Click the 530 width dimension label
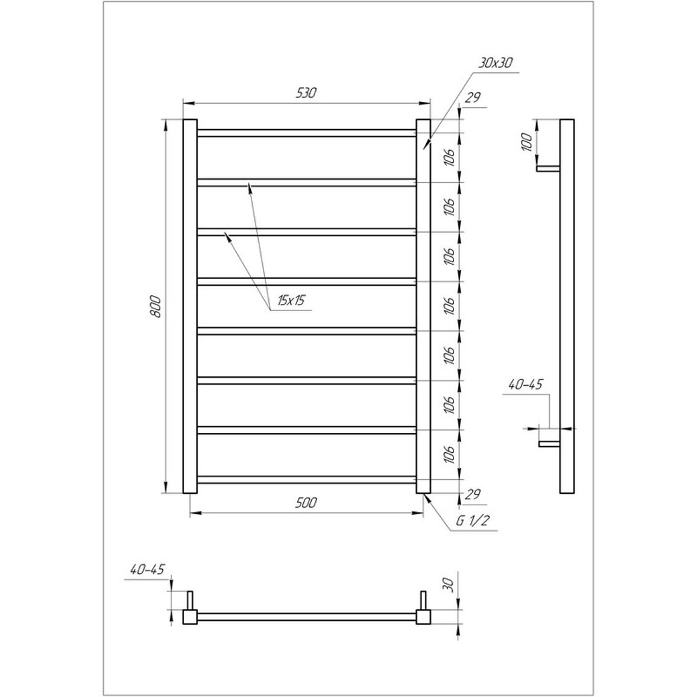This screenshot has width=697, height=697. tap(306, 92)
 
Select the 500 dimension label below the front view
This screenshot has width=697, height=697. tap(306, 502)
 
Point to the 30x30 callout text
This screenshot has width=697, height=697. tap(495, 63)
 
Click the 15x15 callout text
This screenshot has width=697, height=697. tap(291, 300)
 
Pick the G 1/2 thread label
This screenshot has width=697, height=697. tap(473, 520)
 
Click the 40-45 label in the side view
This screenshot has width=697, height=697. tap(525, 385)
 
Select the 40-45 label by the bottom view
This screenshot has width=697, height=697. tap(148, 569)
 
